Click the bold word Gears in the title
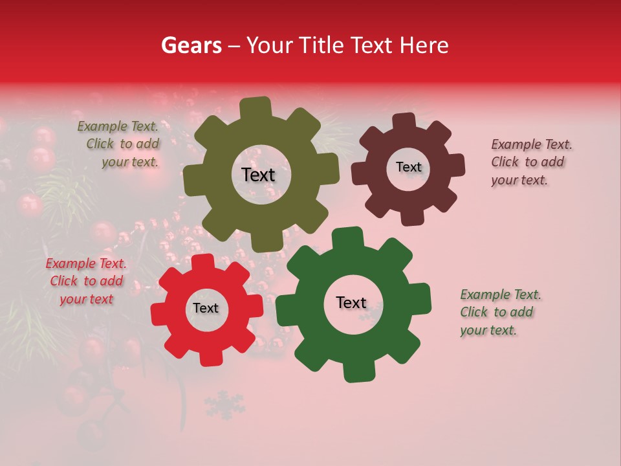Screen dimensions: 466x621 tap(191, 45)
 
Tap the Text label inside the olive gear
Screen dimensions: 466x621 tap(258, 175)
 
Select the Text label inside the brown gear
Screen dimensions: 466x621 tap(408, 167)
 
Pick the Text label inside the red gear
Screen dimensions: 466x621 tap(206, 308)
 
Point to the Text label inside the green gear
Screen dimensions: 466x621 tap(351, 302)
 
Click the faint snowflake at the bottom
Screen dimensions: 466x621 tap(224, 405)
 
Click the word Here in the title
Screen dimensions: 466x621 tap(424, 45)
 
